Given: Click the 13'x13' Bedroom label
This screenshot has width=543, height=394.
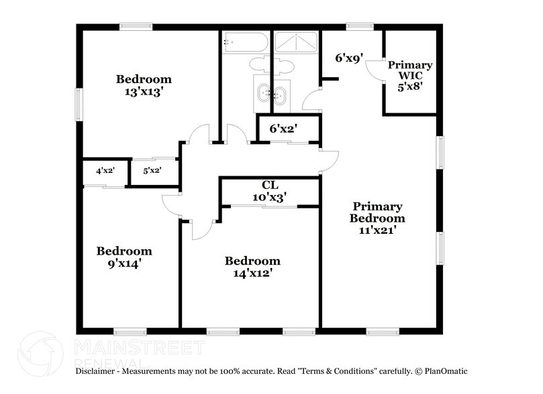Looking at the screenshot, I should (143, 86).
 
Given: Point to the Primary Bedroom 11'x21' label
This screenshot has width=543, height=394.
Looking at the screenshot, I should (378, 218).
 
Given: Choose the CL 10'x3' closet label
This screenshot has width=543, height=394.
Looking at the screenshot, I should (270, 191).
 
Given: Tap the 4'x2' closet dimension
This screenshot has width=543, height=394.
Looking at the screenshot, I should (105, 171).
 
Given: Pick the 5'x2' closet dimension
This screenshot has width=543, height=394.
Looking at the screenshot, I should (152, 171).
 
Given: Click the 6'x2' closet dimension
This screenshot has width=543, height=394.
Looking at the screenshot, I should (283, 127).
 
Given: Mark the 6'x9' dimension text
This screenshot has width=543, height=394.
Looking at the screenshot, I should (349, 58).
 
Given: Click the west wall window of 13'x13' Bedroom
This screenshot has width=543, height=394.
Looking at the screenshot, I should (79, 105).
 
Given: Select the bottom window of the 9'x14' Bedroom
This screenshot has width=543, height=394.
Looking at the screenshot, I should (130, 331).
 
